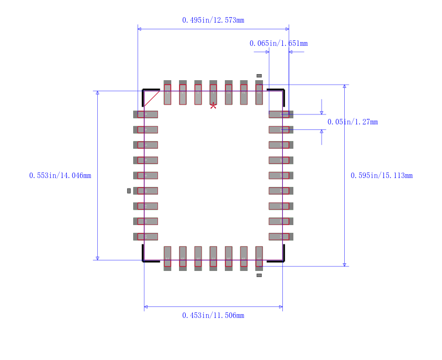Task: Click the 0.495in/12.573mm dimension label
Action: click(x=213, y=20)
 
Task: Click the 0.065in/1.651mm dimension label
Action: click(x=278, y=44)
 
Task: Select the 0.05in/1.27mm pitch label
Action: click(x=352, y=122)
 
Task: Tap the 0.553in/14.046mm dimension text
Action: click(x=60, y=176)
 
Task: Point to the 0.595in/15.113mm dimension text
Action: click(x=381, y=176)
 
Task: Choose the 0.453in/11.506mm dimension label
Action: click(x=213, y=316)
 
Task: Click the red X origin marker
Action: click(x=213, y=105)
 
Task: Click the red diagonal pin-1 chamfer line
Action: click(x=152, y=98)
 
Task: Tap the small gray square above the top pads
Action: click(x=259, y=76)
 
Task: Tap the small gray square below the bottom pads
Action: click(x=259, y=275)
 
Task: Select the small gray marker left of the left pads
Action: click(x=129, y=191)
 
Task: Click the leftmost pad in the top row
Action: click(x=167, y=93)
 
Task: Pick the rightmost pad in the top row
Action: click(x=259, y=93)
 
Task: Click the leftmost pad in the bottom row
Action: click(x=167, y=258)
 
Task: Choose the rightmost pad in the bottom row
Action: click(x=259, y=258)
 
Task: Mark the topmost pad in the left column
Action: click(x=146, y=114)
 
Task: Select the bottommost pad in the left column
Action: click(x=146, y=237)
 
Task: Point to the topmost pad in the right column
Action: click(x=281, y=114)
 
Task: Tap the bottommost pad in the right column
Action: click(x=281, y=237)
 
